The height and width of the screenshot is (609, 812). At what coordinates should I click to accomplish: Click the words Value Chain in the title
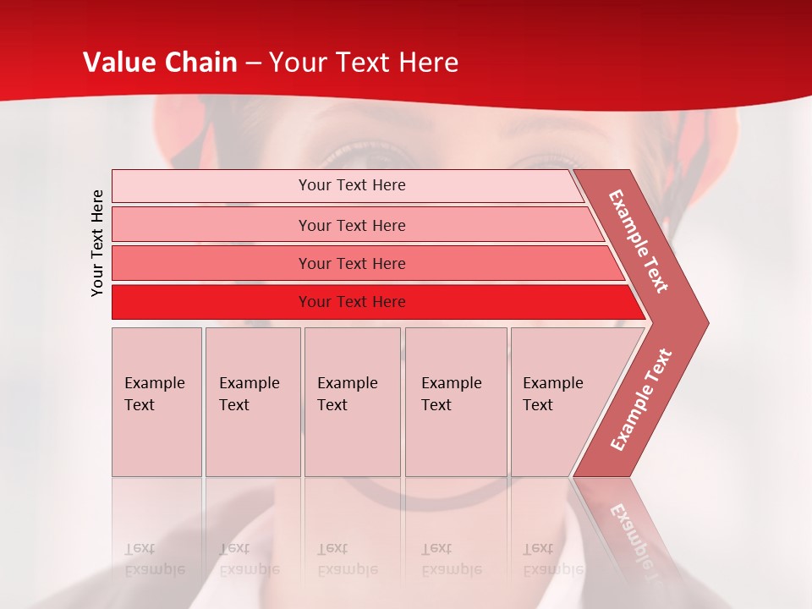[160, 63]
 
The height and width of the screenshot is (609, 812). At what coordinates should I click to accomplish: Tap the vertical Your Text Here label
[97, 243]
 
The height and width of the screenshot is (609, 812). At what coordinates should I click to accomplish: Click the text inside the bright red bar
[352, 302]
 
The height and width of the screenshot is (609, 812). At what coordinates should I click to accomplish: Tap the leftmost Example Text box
[156, 402]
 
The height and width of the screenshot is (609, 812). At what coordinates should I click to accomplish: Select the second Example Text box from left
[253, 402]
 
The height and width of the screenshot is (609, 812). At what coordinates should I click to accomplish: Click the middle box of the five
[352, 402]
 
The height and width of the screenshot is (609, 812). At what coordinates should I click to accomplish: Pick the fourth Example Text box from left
[456, 402]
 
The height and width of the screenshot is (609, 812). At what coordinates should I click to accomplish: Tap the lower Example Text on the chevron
[641, 399]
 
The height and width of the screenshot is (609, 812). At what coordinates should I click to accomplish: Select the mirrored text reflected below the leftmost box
[154, 559]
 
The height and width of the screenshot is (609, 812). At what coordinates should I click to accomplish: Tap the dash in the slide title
[253, 63]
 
